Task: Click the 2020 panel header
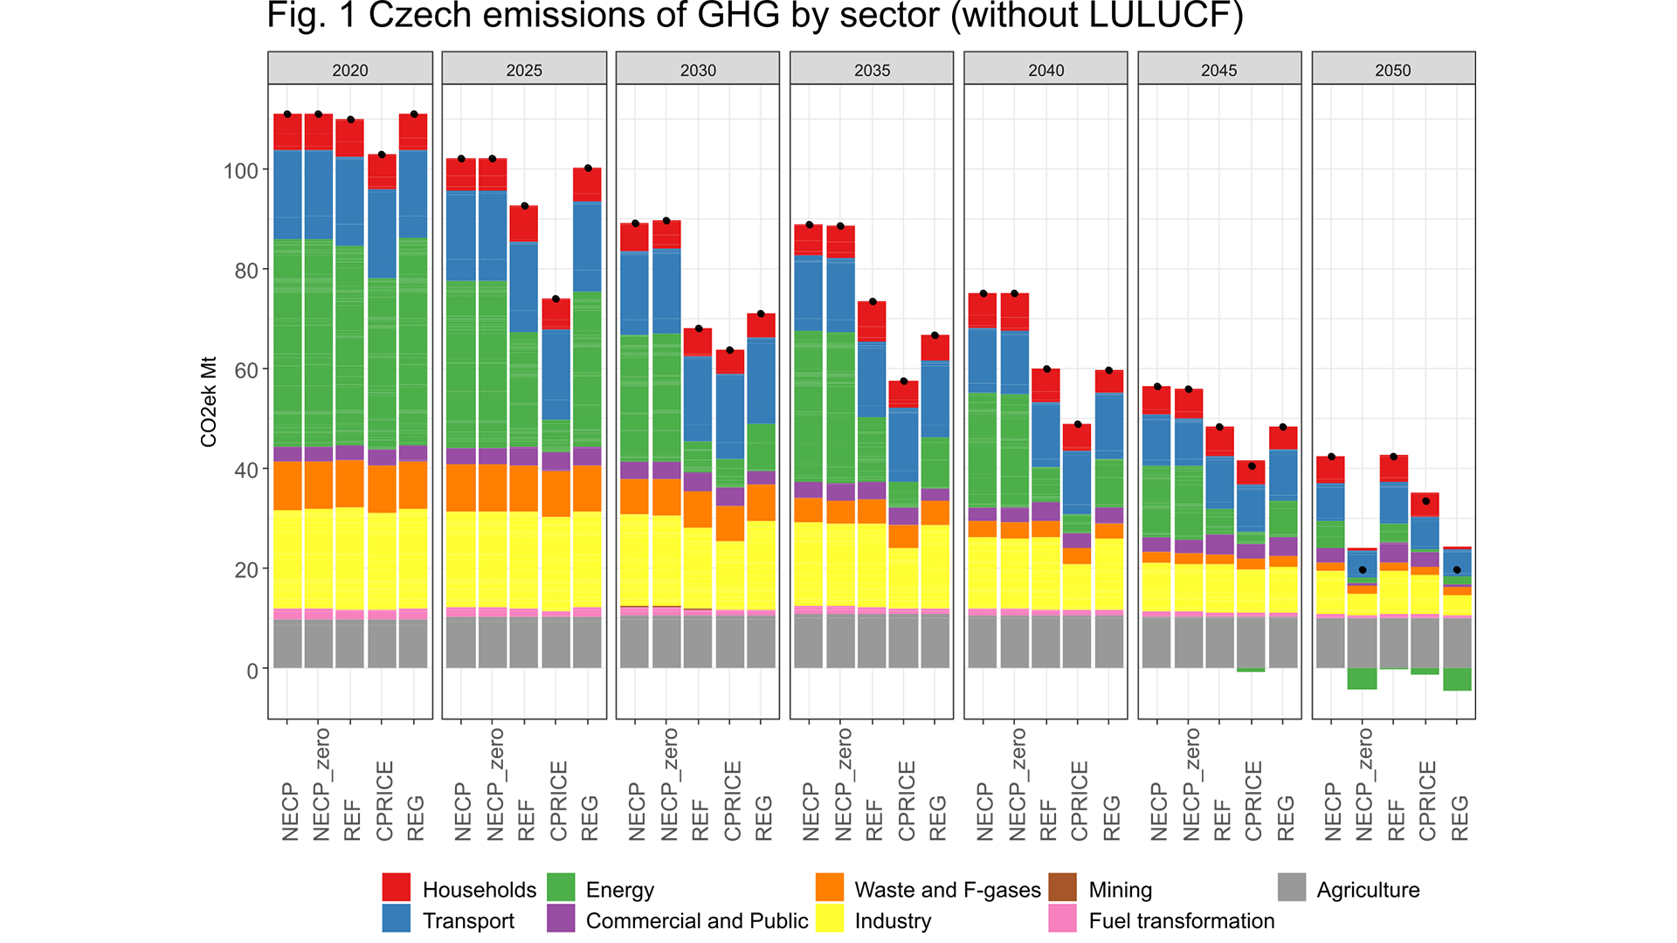pyautogui.click(x=349, y=70)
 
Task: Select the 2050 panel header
pyautogui.click(x=1392, y=70)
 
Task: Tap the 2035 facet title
pyautogui.click(x=872, y=70)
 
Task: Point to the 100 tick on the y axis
pyautogui.click(x=241, y=171)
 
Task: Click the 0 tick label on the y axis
pyautogui.click(x=252, y=671)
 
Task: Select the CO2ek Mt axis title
pyautogui.click(x=209, y=402)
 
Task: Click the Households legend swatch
pyautogui.click(x=396, y=887)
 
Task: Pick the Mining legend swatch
pyautogui.click(x=1062, y=887)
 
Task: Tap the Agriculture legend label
pyautogui.click(x=1368, y=890)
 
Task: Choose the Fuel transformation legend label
pyautogui.click(x=1181, y=920)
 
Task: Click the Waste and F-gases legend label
pyautogui.click(x=947, y=890)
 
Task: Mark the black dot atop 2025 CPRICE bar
pyautogui.click(x=556, y=299)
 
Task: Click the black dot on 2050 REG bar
pyautogui.click(x=1457, y=570)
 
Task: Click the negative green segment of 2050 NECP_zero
pyautogui.click(x=1362, y=678)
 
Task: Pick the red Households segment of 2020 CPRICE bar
pyautogui.click(x=382, y=171)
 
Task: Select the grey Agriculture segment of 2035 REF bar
pyautogui.click(x=872, y=642)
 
